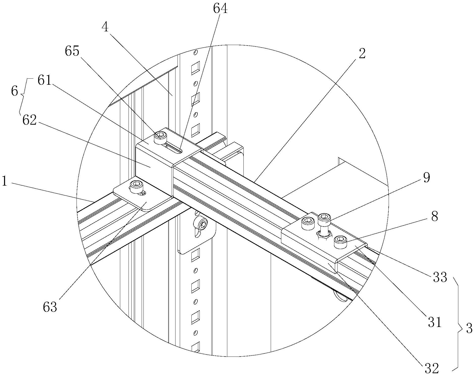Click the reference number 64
pos(220,9)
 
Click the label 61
pos(44,81)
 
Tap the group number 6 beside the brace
pos(15,91)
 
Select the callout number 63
pos(50,307)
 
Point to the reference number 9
pos(426,178)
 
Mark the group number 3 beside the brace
pos(469,329)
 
